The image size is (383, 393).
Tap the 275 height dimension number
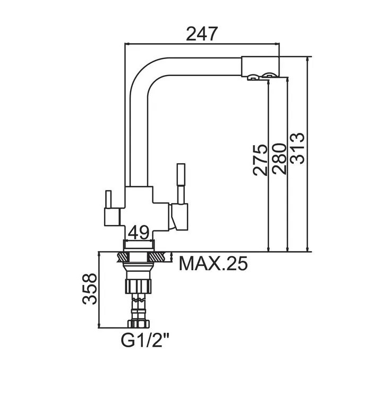click(x=260, y=160)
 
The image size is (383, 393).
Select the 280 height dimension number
click(x=279, y=158)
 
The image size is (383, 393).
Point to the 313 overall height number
click(x=297, y=148)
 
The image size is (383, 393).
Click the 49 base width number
click(x=139, y=232)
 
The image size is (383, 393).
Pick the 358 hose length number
click(x=89, y=289)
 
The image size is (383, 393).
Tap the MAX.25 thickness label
click(x=213, y=263)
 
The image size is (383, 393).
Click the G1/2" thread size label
click(x=145, y=339)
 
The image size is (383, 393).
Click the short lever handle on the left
click(x=108, y=199)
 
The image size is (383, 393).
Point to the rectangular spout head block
click(x=260, y=66)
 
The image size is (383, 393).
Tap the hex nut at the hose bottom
click(x=139, y=323)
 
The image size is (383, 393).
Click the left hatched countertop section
click(x=123, y=257)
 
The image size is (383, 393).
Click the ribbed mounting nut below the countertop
click(x=139, y=286)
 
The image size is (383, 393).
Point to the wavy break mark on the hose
click(x=139, y=299)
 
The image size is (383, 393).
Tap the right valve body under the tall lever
click(x=179, y=217)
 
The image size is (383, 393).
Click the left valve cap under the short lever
click(x=112, y=216)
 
